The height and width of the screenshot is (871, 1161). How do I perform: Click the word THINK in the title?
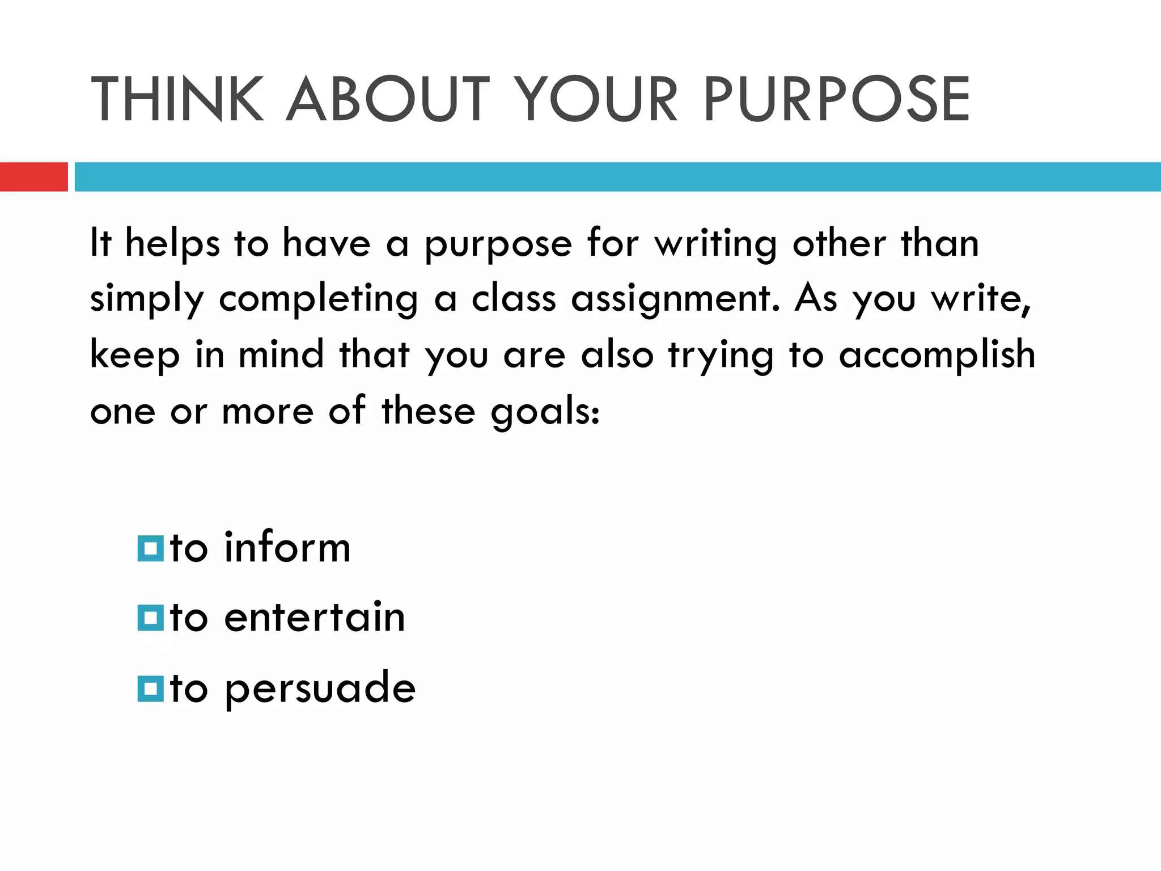177,99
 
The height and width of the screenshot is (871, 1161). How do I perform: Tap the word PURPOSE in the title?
837,99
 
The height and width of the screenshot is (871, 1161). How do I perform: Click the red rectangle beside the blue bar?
33,177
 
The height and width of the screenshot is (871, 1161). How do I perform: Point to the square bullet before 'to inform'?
150,549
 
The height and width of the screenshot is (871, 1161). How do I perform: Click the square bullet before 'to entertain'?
150,618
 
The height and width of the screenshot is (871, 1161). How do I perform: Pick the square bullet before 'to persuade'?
150,688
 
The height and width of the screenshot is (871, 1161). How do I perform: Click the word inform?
287,548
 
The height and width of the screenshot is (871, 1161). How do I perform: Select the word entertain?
315,617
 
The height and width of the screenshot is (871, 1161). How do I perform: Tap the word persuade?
320,688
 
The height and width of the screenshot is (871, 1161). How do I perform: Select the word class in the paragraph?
514,298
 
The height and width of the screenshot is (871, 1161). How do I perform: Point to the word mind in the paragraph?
281,355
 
